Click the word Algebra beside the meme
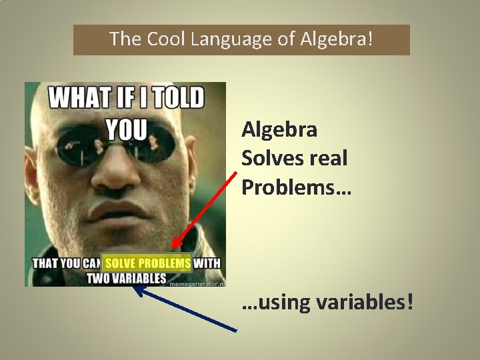click(x=279, y=129)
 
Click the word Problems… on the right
click(x=296, y=188)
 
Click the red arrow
click(x=203, y=211)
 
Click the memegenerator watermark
click(x=197, y=283)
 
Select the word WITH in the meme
click(x=207, y=263)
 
